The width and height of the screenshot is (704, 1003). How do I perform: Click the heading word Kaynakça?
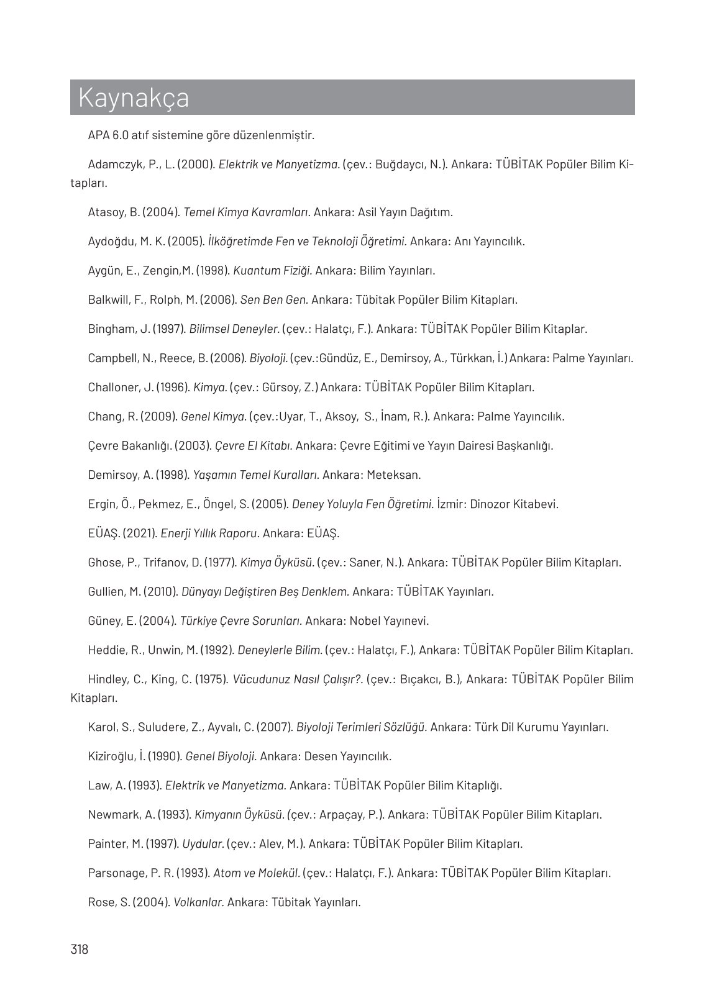(x=134, y=98)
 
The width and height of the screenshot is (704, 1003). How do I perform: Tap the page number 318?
(x=80, y=949)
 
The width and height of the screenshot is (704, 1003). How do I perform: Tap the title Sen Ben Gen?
(x=274, y=300)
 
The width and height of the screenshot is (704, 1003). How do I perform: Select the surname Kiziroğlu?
(x=112, y=756)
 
